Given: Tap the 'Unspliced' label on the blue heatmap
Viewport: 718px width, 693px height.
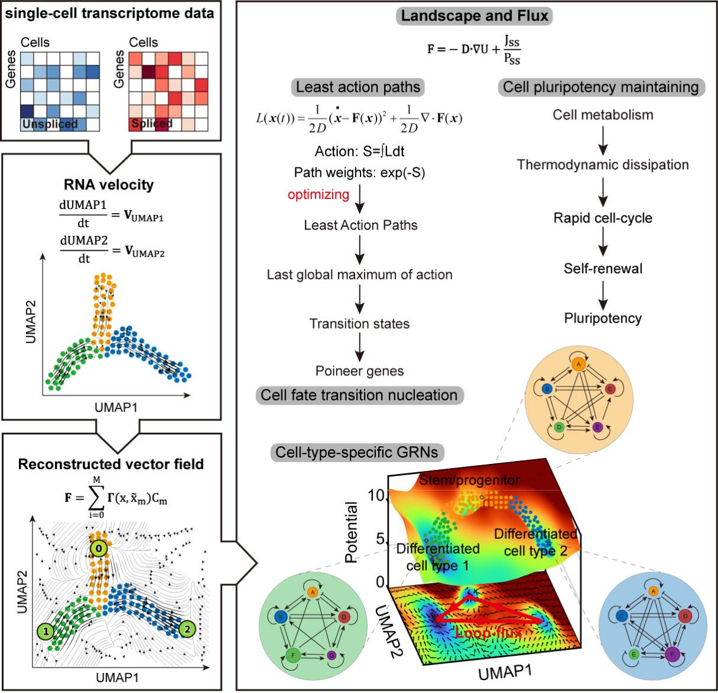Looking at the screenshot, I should [x=50, y=124].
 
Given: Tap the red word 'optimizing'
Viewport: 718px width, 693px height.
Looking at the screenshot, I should [x=318, y=194].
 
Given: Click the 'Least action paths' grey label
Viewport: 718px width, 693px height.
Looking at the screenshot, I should [x=358, y=88].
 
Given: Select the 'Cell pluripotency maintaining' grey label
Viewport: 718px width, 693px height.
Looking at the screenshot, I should [x=601, y=88].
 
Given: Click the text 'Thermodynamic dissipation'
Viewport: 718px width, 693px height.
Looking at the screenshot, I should [x=603, y=165].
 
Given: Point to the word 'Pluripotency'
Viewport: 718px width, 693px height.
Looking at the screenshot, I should [x=603, y=318].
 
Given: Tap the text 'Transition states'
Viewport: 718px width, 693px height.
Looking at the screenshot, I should [x=359, y=324].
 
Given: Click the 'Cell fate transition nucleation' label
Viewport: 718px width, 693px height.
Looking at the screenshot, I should [x=359, y=395].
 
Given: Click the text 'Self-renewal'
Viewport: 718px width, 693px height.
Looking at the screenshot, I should [x=603, y=269].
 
